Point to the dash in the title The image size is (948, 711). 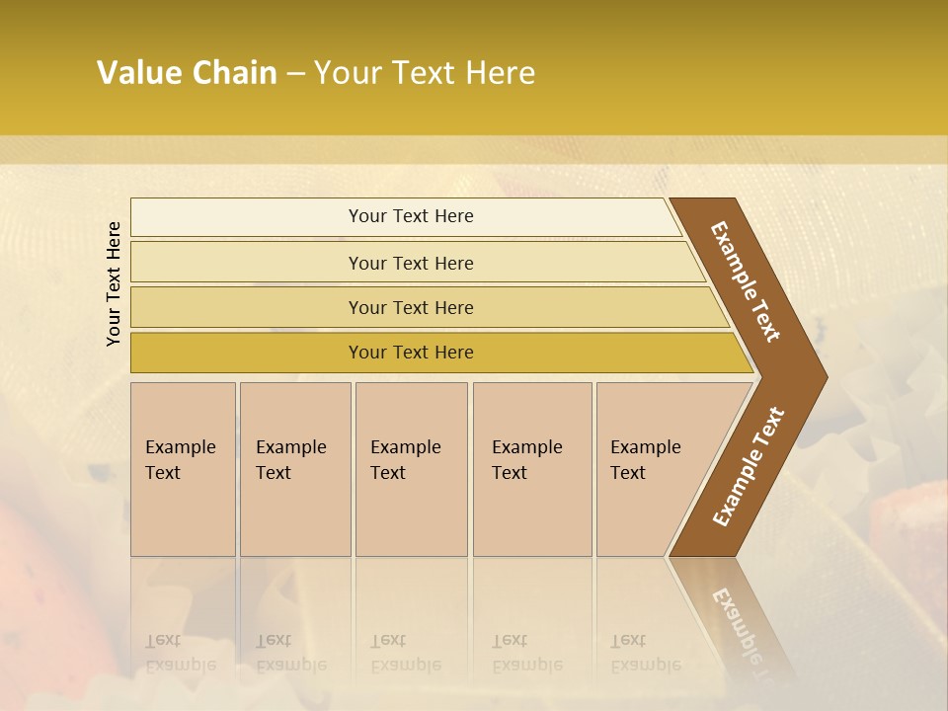295,74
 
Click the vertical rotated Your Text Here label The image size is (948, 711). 114,283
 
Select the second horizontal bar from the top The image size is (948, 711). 410,263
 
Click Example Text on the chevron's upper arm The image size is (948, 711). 746,281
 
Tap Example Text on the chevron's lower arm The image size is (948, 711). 748,466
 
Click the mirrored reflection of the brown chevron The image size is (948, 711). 736,612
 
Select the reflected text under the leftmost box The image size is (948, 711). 180,653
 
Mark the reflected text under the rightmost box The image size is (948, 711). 645,653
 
